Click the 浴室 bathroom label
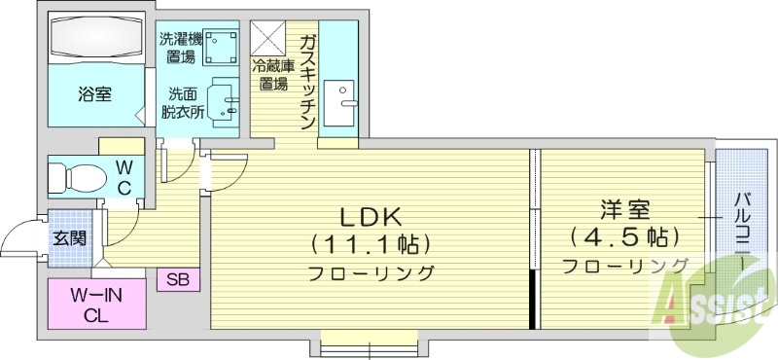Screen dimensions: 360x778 (94, 94)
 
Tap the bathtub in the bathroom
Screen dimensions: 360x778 (95, 40)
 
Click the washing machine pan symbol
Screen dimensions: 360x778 (223, 46)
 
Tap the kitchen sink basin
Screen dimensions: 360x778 (341, 102)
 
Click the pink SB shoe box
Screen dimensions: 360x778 (178, 279)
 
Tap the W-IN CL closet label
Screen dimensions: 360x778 (94, 303)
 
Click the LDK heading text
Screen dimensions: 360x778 (371, 216)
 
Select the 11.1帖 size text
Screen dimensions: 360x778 (371, 243)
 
